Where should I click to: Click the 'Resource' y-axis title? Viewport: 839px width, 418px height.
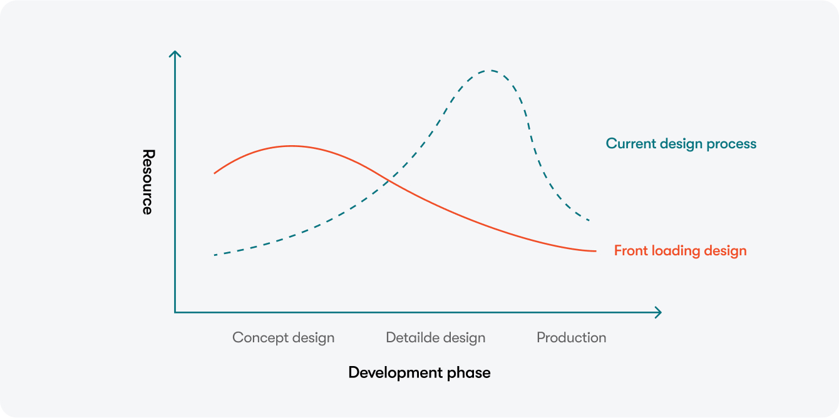[x=148, y=182]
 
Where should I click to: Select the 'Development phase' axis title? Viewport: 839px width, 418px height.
[x=419, y=373]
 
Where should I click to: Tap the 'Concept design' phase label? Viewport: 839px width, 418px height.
[x=283, y=338]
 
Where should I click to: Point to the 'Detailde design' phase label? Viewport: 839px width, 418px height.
[x=436, y=338]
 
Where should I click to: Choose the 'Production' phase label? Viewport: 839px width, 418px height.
[x=571, y=337]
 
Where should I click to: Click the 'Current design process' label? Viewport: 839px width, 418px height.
[x=681, y=144]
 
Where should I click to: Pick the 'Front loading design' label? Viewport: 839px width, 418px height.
[x=680, y=251]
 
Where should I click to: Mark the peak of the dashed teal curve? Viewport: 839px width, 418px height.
[x=490, y=70]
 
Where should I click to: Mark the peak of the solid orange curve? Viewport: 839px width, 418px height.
[x=292, y=146]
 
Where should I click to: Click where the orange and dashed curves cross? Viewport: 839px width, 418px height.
[x=389, y=181]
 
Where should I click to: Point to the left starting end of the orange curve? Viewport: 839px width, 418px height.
[x=214, y=173]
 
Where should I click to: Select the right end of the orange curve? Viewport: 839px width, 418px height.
[x=596, y=251]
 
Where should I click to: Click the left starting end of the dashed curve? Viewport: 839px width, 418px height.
[x=215, y=255]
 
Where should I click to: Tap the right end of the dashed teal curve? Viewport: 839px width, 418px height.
[x=589, y=220]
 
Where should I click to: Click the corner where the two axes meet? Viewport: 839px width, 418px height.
[x=175, y=312]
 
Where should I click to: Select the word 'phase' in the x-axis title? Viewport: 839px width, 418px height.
[x=469, y=373]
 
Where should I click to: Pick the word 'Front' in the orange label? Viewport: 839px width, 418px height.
[x=631, y=251]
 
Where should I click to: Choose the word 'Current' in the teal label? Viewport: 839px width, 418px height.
[x=631, y=144]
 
